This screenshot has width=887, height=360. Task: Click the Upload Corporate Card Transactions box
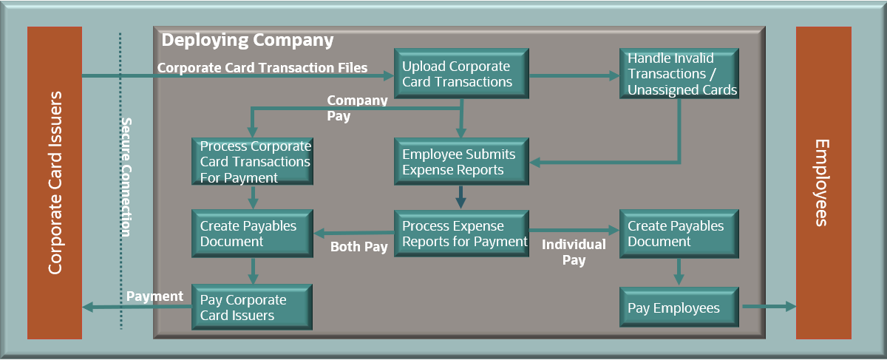click(461, 74)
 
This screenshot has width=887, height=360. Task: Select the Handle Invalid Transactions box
click(679, 74)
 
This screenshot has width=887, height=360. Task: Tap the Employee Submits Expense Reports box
click(461, 162)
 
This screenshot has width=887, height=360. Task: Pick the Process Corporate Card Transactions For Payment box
click(252, 162)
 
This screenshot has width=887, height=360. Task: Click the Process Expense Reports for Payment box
click(461, 234)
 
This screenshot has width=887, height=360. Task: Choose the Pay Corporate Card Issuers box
click(252, 308)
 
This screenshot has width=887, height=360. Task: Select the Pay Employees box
click(679, 308)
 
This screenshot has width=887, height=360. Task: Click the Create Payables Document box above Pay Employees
click(679, 234)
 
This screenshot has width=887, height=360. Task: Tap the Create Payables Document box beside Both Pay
click(252, 234)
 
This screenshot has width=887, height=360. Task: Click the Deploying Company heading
click(248, 40)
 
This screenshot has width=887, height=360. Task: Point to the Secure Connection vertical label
click(126, 177)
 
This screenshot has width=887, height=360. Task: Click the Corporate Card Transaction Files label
click(262, 68)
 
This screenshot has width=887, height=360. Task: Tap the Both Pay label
click(359, 247)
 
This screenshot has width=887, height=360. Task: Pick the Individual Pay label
click(574, 252)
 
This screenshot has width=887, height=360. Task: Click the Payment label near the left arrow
click(154, 296)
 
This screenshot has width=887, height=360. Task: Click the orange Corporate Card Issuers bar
click(54, 183)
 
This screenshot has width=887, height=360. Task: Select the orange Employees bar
click(823, 183)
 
